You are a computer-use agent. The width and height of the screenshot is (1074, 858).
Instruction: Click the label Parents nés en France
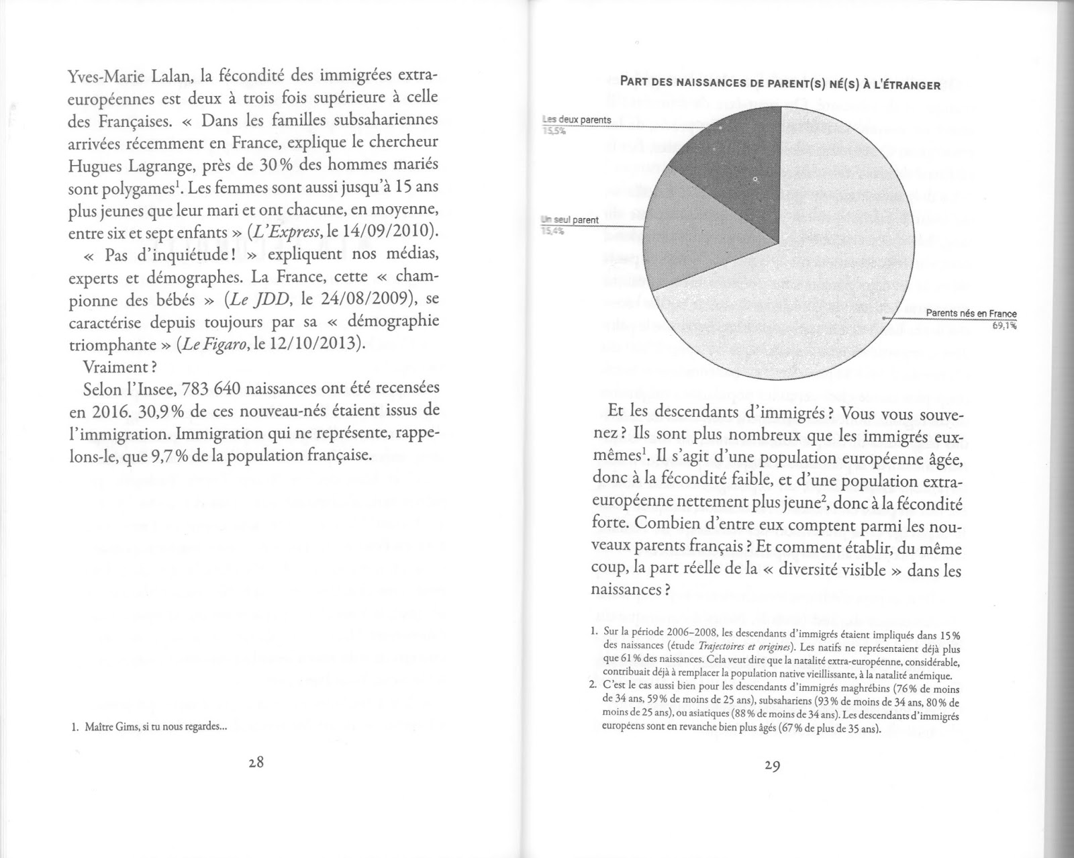point(971,314)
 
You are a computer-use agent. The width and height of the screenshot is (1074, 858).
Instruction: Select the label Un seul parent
point(570,220)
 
